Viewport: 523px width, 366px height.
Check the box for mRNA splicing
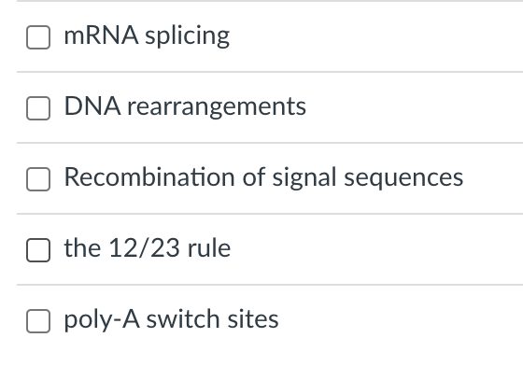37,37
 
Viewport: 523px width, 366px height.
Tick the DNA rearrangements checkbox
37,108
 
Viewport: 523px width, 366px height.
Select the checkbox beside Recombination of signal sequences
37,179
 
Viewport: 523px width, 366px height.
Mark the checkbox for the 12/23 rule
37,250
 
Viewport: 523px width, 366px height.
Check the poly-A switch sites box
37,321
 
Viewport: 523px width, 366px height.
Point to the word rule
209,249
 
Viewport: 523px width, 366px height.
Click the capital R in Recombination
71,177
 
